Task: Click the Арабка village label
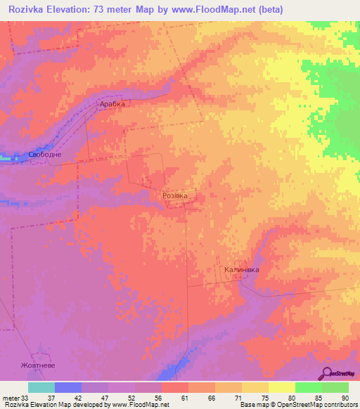pyautogui.click(x=111, y=104)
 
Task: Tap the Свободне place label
pyautogui.click(x=45, y=155)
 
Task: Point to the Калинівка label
pyautogui.click(x=242, y=270)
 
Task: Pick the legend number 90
pyautogui.click(x=345, y=397)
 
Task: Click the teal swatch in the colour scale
pyautogui.click(x=41, y=387)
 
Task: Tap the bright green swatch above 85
pyautogui.click(x=308, y=387)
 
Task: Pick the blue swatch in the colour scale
pyautogui.click(x=68, y=387)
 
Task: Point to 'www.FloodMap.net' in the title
pyautogui.click(x=202, y=10)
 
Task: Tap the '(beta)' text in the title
pyautogui.click(x=264, y=10)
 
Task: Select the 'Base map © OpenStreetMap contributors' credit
pyautogui.click(x=297, y=405)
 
